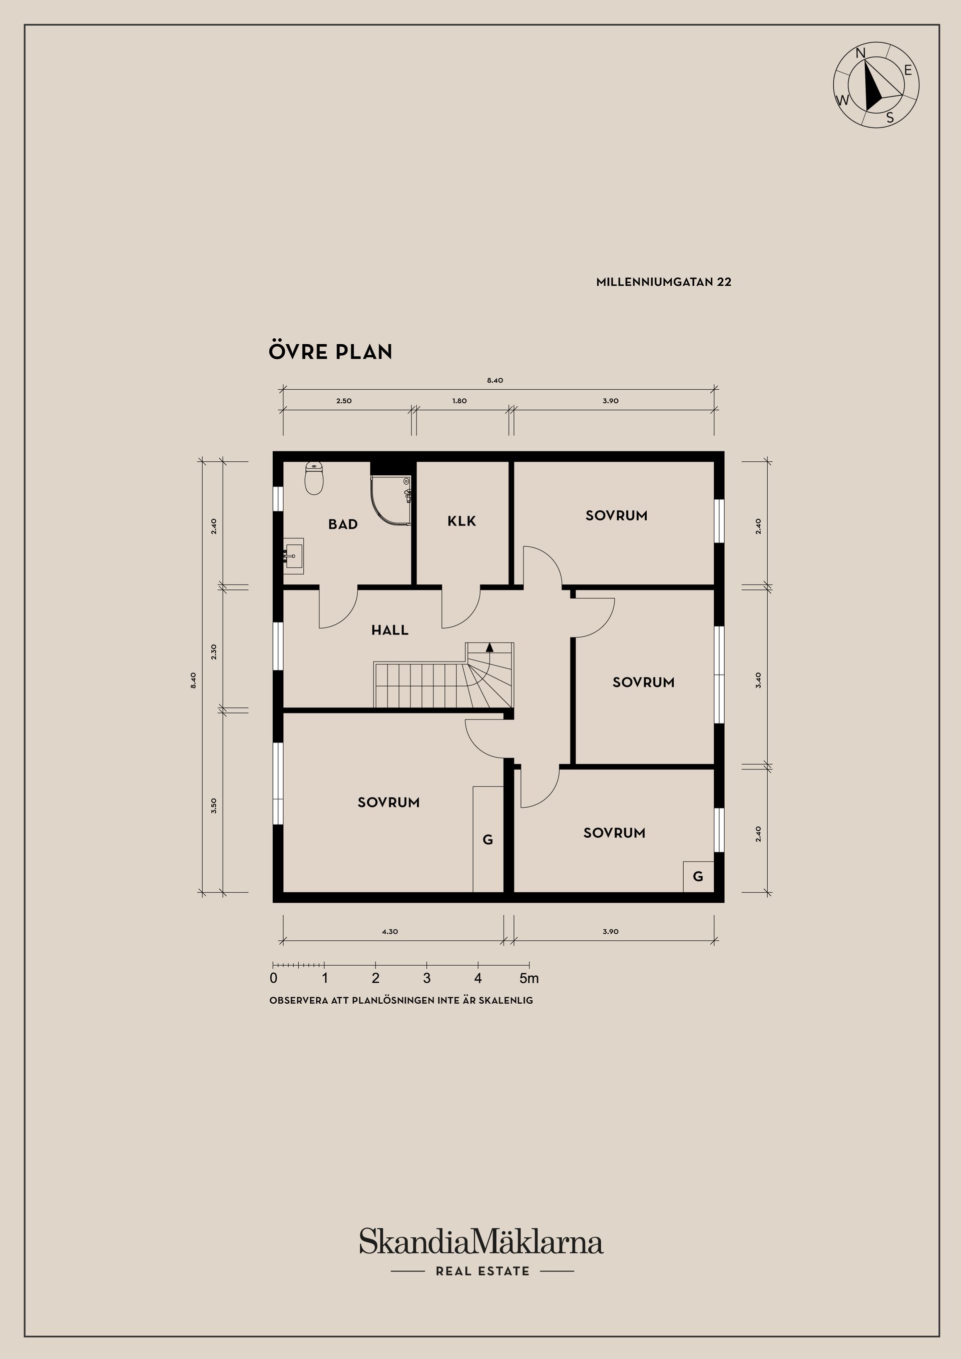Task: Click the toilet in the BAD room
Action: point(314,478)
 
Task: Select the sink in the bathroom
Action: point(294,556)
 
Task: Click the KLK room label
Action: point(462,521)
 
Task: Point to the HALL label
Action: point(390,630)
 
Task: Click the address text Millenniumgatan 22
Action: point(664,282)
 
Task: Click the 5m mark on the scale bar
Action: point(530,978)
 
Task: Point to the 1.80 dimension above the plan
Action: point(459,401)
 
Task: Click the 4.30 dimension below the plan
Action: point(389,931)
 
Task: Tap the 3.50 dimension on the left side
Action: point(214,805)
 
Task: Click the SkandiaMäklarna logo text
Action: point(482,1241)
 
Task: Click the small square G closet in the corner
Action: point(698,876)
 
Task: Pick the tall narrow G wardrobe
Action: point(488,839)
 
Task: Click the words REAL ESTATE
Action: point(483,1271)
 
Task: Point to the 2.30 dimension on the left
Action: point(214,651)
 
